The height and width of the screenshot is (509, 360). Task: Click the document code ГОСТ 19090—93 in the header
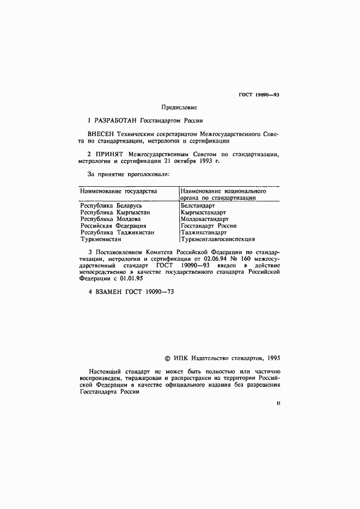pos(259,95)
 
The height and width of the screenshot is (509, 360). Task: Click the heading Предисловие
pos(180,107)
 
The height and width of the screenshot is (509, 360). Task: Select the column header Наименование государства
pos(118,192)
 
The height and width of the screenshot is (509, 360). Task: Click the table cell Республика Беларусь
pos(111,206)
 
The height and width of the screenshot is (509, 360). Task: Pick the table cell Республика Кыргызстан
pos(115,212)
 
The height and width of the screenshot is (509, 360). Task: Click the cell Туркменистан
pos(101,238)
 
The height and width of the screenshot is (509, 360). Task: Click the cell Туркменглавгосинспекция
pos(217,238)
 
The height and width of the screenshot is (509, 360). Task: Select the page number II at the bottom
pos(278,404)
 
